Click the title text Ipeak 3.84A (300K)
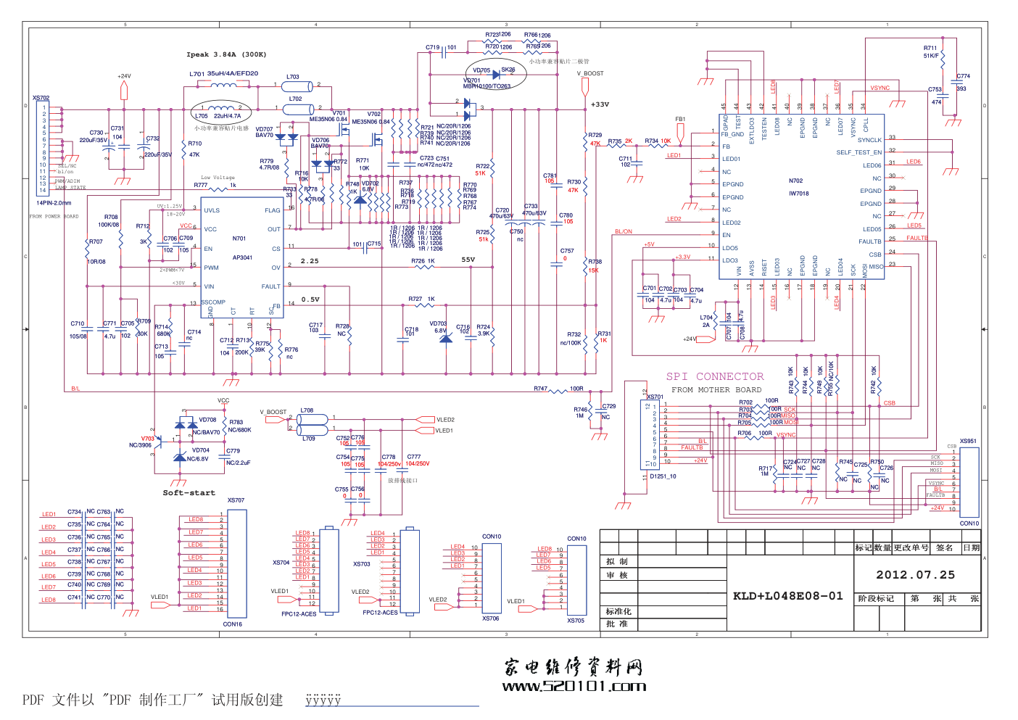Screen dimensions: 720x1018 226,54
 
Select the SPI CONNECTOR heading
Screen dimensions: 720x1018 714,376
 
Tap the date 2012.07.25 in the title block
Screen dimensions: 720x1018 915,575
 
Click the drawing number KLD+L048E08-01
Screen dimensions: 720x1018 787,596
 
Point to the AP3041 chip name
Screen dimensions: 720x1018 242,257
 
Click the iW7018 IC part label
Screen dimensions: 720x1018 798,194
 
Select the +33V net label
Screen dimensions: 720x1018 600,104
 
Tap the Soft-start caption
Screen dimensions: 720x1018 189,493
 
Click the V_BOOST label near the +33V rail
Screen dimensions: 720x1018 590,73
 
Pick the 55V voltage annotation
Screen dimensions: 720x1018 468,260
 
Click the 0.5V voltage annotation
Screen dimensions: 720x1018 310,299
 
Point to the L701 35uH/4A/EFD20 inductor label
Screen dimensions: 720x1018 223,74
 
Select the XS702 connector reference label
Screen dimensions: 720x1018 41,98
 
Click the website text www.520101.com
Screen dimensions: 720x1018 574,687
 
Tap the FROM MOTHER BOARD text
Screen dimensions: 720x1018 716,390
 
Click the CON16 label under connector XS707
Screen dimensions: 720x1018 233,624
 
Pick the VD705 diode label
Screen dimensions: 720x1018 481,70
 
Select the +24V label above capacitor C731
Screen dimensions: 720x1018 124,76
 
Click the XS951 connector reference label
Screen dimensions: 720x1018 968,441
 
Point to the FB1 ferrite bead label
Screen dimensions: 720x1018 680,120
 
